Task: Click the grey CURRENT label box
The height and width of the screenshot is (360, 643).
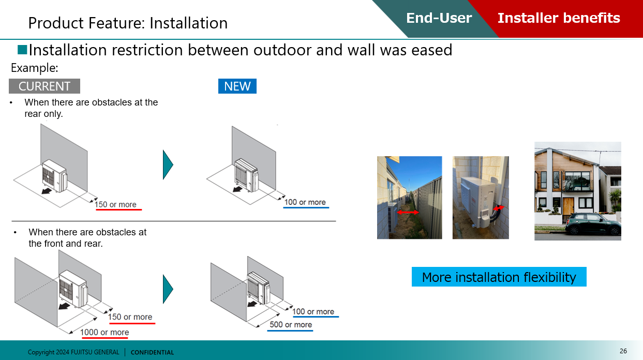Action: [x=44, y=86]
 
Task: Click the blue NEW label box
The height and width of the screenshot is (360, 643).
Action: [x=237, y=86]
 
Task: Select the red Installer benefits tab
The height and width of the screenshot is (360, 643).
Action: [x=559, y=18]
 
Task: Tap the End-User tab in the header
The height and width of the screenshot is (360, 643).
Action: [x=439, y=18]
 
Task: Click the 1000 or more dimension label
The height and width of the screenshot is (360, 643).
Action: [x=104, y=332]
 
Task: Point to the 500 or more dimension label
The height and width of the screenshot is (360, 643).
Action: [x=291, y=324]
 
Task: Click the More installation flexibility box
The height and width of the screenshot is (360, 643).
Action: [x=499, y=277]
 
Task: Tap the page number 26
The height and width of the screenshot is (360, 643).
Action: [x=623, y=351]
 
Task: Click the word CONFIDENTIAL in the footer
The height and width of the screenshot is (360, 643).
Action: [x=152, y=352]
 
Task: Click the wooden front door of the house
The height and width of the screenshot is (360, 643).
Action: [x=568, y=206]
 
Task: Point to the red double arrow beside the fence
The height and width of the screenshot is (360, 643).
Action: [x=408, y=213]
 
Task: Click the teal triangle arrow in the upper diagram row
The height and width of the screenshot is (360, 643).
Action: [x=168, y=165]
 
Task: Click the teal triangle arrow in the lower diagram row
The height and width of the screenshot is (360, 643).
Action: [x=168, y=289]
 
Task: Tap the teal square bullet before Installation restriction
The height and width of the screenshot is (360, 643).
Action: [x=22, y=50]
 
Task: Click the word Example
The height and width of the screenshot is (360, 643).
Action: [x=35, y=68]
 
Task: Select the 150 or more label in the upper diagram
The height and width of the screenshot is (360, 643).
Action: [x=115, y=204]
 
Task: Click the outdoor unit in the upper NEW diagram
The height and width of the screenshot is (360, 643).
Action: [x=247, y=175]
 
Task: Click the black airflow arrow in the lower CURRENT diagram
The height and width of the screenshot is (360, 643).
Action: [x=64, y=306]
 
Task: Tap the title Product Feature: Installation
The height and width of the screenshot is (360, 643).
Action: [x=128, y=23]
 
